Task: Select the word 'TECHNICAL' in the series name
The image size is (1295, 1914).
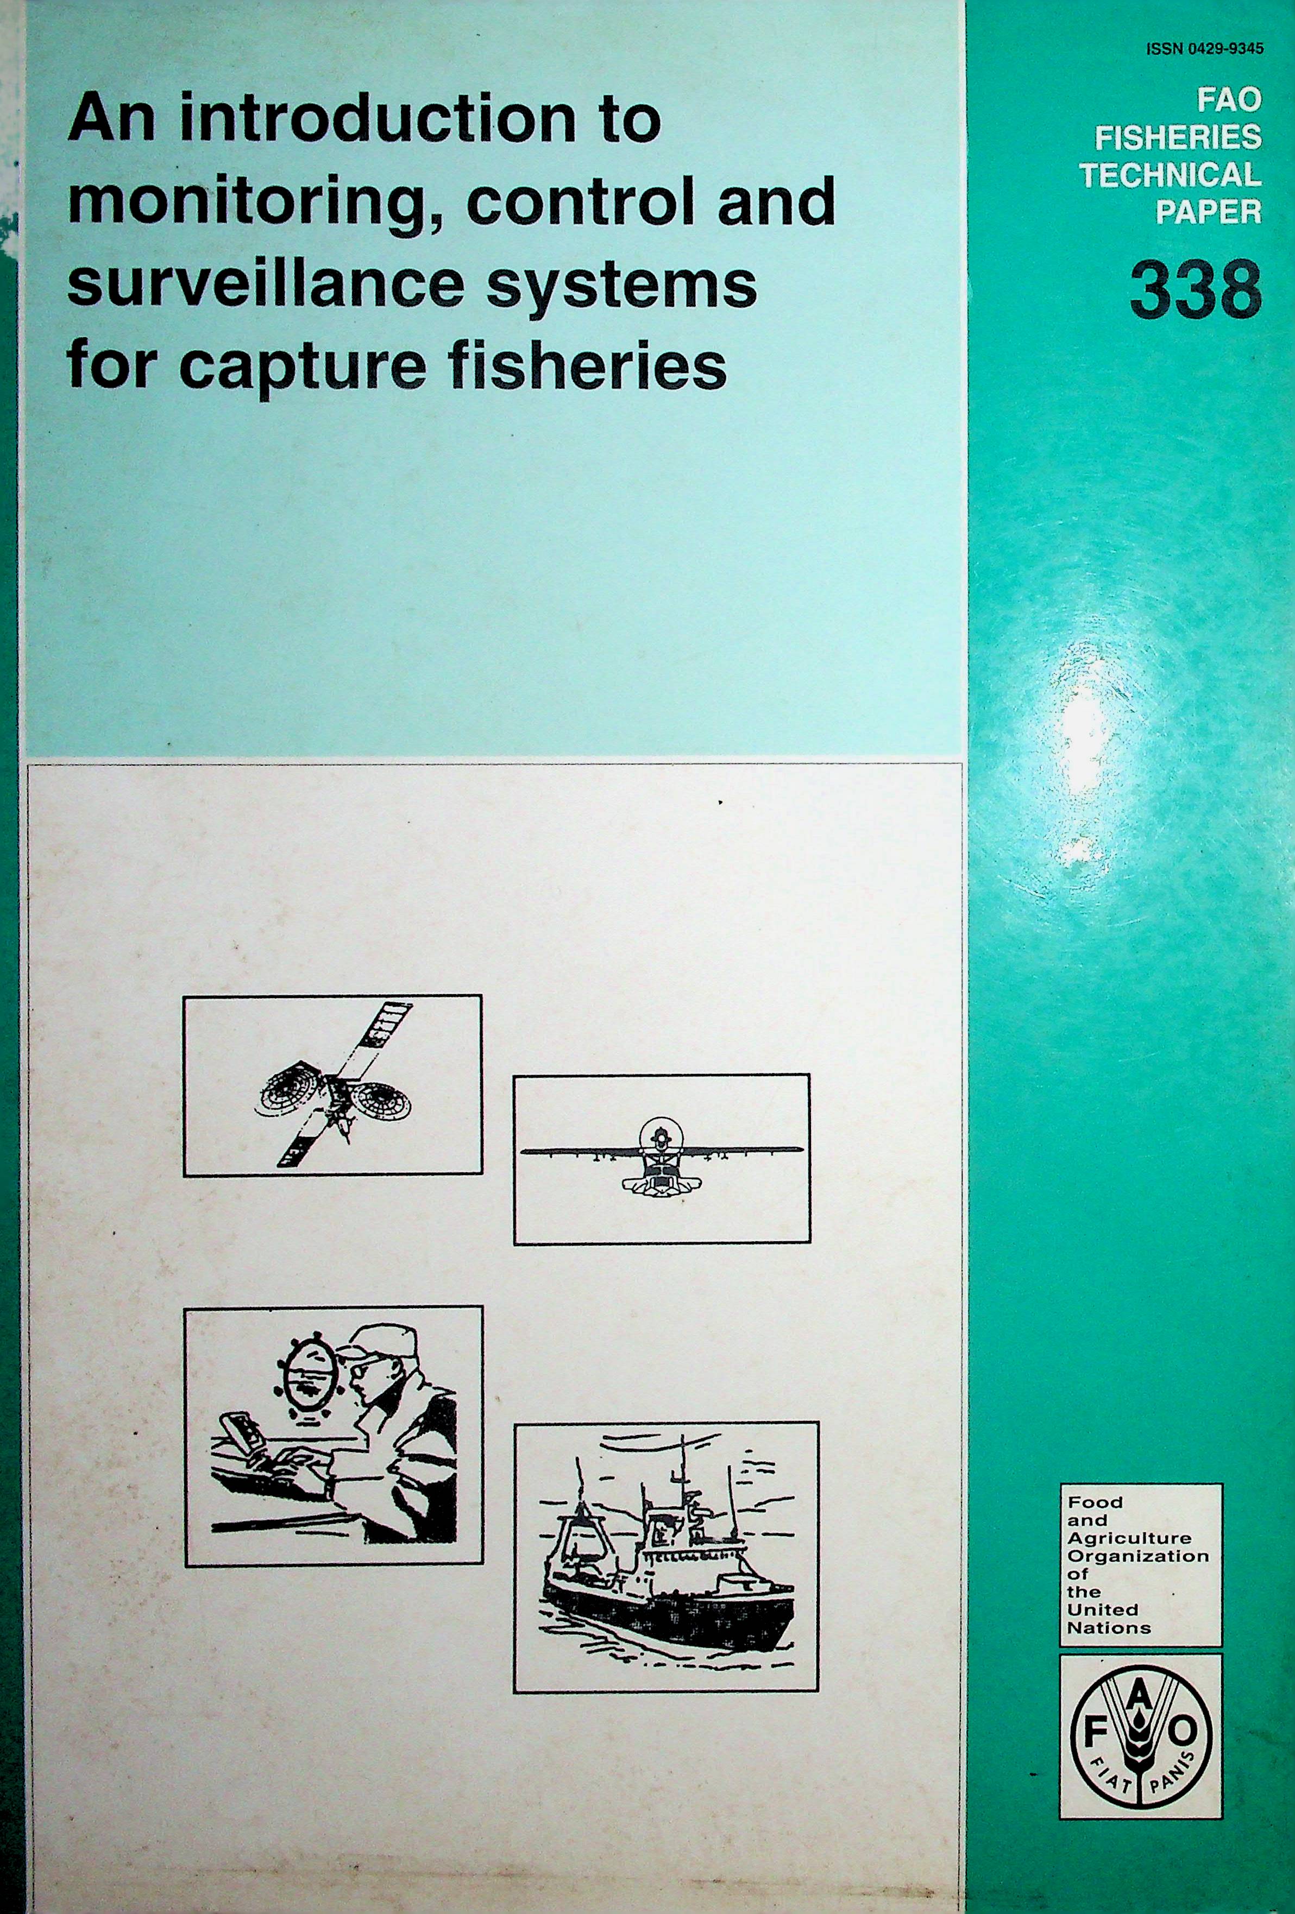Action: coord(1171,175)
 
